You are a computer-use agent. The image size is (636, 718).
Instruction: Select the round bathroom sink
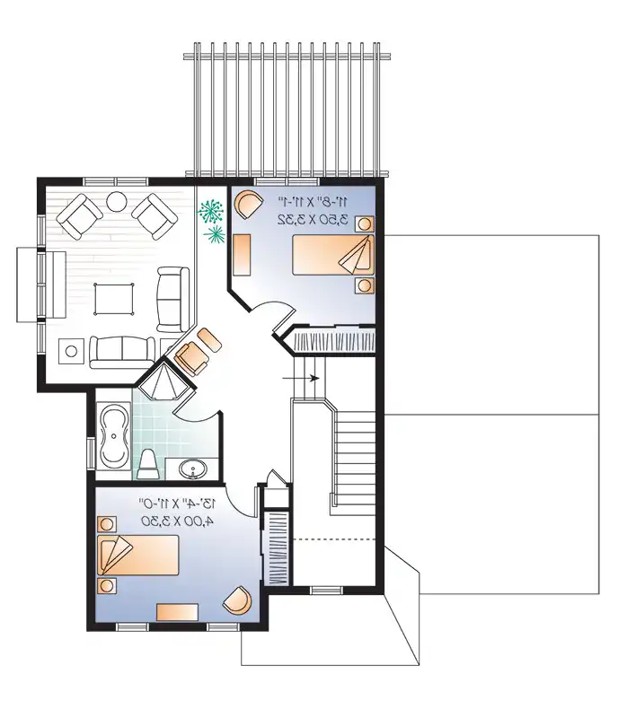pos(192,468)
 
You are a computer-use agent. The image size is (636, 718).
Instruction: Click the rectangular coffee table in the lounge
pos(114,297)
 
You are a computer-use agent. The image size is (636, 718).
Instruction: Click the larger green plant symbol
pos(212,212)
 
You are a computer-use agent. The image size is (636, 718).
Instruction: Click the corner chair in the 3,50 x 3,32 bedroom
pos(246,204)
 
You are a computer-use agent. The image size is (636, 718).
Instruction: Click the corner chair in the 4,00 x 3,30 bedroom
pos(237,600)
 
